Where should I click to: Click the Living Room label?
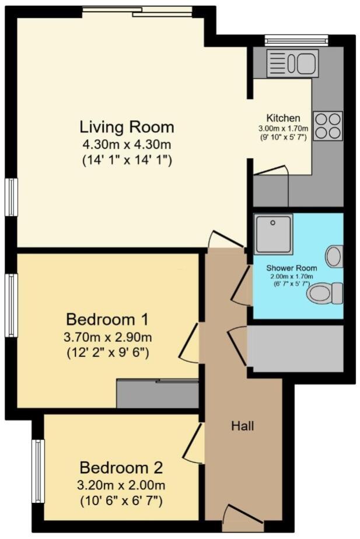click(127, 127)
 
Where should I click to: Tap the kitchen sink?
click(292, 63)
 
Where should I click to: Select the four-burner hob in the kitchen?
click(327, 125)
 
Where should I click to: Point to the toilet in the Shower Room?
click(325, 293)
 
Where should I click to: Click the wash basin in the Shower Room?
click(334, 256)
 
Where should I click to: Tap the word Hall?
click(242, 426)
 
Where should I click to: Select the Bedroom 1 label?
click(107, 320)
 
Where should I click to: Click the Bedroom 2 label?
click(121, 468)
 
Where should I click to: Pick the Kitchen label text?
click(283, 118)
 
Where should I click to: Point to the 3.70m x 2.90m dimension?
click(107, 337)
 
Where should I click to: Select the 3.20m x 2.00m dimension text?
click(121, 485)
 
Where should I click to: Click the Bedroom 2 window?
click(38, 471)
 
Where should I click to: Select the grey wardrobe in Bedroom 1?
click(158, 394)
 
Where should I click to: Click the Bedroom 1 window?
click(11, 305)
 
